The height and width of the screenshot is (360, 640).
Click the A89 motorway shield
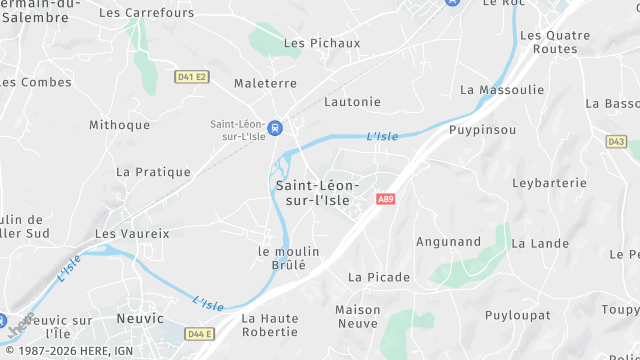click(385, 200)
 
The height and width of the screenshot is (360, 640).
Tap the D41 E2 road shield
click(190, 76)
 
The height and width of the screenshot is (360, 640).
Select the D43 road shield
click(615, 142)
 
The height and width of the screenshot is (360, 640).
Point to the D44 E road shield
click(200, 333)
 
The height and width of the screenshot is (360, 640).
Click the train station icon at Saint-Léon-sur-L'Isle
click(275, 127)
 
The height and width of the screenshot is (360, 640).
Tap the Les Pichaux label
click(322, 44)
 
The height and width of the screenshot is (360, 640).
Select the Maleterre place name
click(264, 84)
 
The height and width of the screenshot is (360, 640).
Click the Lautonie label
click(351, 102)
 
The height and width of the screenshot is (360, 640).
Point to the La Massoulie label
click(502, 90)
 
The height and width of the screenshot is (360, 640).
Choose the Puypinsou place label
click(482, 130)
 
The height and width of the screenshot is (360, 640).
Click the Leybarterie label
click(548, 183)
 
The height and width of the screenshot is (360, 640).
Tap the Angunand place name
click(448, 241)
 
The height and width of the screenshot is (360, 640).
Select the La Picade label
click(379, 277)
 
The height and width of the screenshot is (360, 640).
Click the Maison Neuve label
click(357, 316)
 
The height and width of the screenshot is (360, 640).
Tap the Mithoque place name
click(119, 125)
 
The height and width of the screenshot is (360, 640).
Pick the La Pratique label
click(153, 172)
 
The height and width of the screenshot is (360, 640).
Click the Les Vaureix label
click(132, 233)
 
